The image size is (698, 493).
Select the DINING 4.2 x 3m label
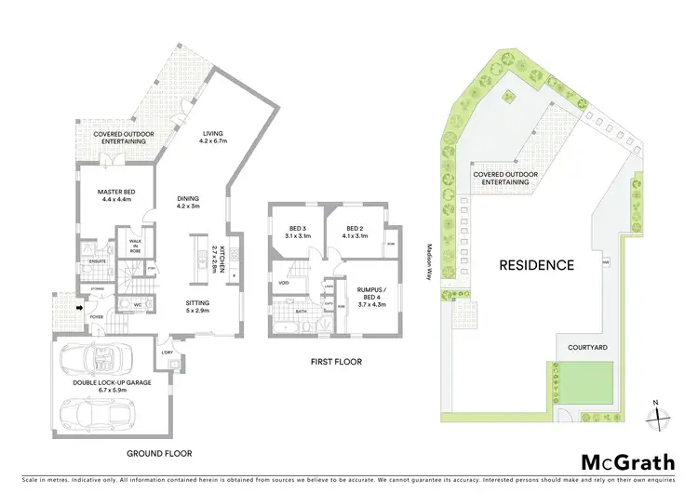[188, 202]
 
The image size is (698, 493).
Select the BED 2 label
[357, 232]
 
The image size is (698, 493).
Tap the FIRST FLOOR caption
[335, 362]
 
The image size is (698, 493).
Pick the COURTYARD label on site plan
[588, 347]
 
